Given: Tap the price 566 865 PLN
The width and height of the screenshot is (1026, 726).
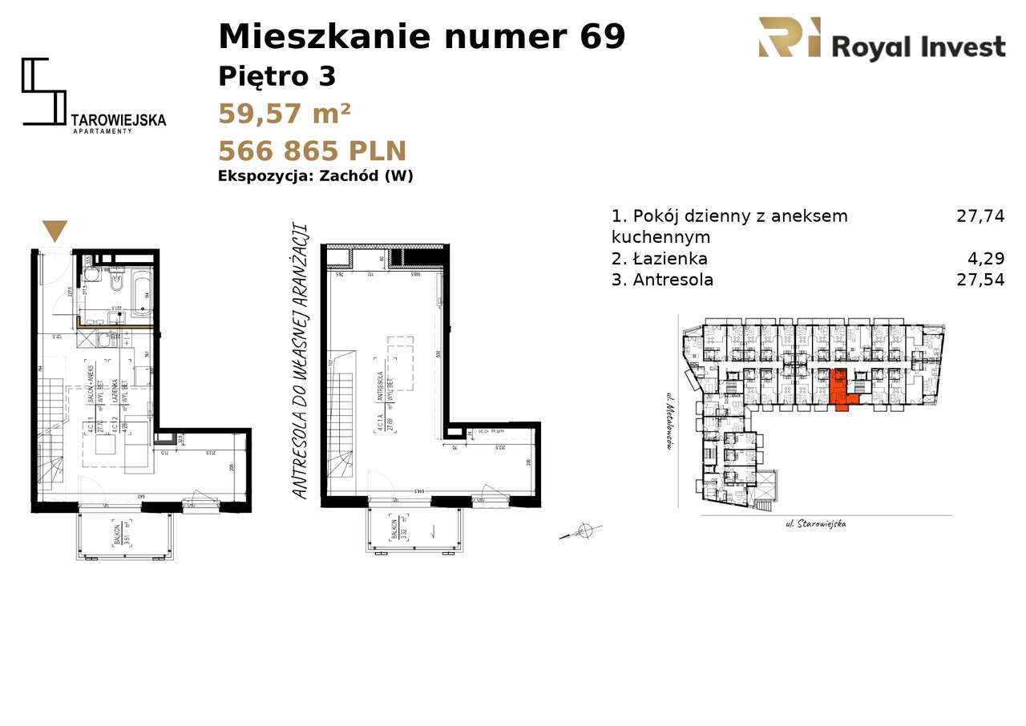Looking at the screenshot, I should tap(312, 151).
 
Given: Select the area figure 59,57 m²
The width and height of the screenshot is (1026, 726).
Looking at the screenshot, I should tap(284, 114).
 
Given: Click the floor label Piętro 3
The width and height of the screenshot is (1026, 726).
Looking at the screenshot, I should tap(277, 77).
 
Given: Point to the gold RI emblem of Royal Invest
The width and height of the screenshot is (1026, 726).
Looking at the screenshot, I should tap(790, 38).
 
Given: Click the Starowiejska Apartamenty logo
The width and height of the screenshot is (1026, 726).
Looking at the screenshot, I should tap(93, 95).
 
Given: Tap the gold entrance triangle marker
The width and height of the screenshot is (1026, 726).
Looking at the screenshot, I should tap(55, 231).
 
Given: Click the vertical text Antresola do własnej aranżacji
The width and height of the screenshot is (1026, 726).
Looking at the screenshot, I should tap(301, 361).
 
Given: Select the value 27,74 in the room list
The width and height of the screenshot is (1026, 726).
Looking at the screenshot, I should tap(980, 216).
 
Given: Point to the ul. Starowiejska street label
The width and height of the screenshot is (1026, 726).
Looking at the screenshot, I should tap(815, 524).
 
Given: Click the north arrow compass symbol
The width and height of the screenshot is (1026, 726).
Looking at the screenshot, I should tap(584, 531).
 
